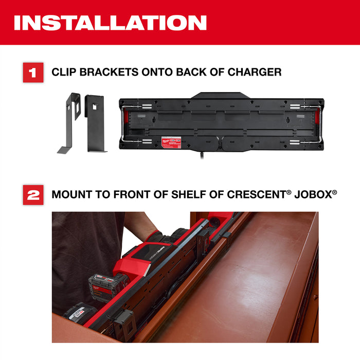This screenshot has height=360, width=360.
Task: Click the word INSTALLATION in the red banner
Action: pyautogui.click(x=110, y=23)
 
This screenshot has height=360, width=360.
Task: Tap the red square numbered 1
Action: pyautogui.click(x=33, y=73)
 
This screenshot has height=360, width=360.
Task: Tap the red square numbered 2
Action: pyautogui.click(x=33, y=195)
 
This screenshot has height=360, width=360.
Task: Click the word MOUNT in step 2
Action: pyautogui.click(x=71, y=195)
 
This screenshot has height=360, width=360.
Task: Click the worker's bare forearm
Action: pyautogui.click(x=141, y=224)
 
